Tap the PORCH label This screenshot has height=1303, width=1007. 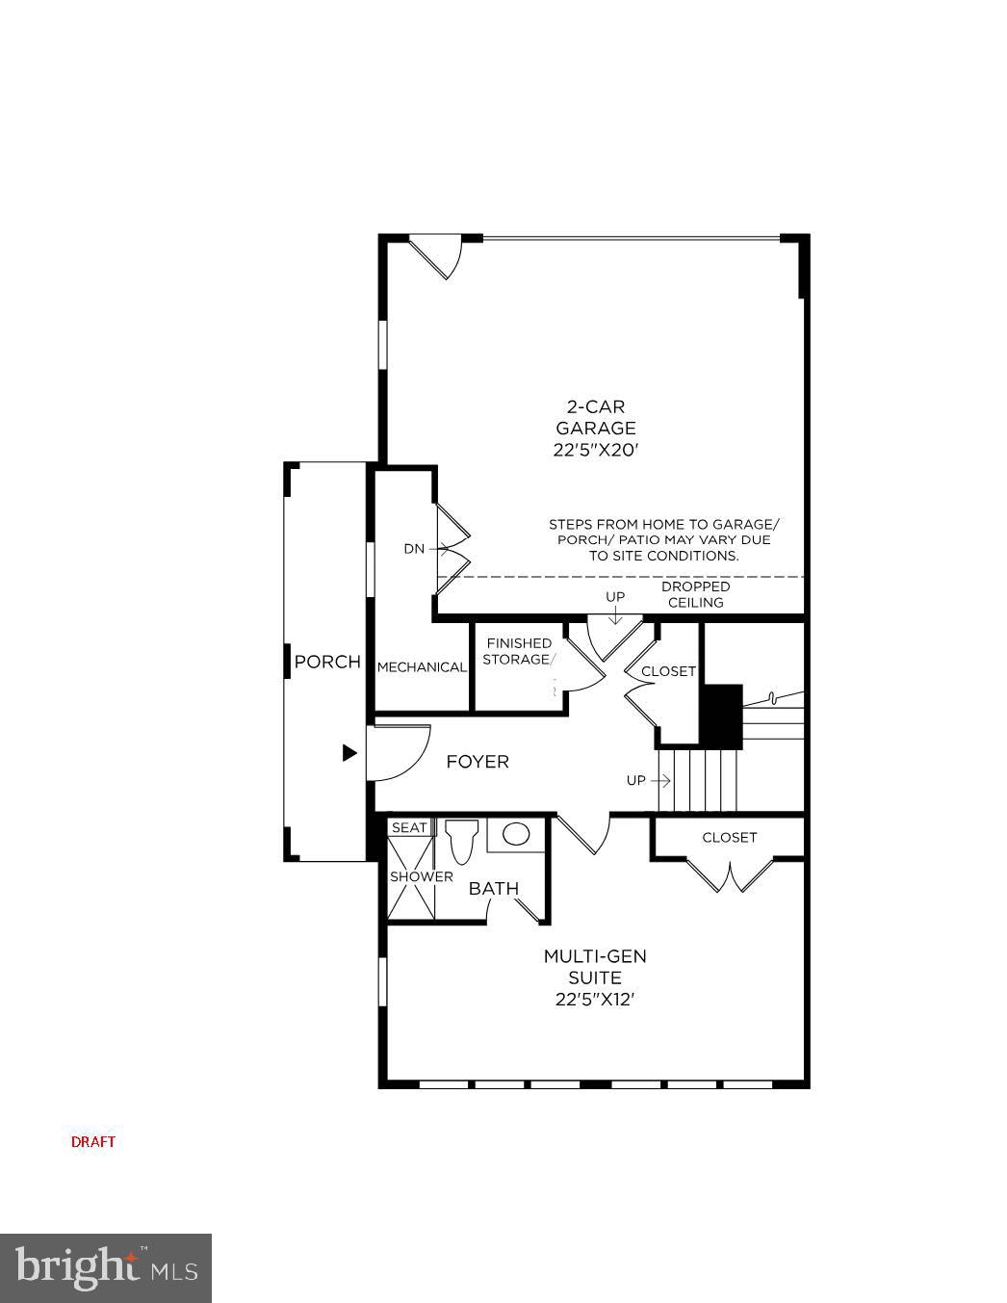coord(327,662)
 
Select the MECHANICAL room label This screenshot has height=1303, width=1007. coord(422,666)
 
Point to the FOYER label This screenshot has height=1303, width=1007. coord(478,762)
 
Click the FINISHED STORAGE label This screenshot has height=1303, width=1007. coord(518,651)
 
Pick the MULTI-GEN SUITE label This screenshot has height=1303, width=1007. coord(595,967)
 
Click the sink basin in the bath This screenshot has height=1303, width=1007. coord(516,834)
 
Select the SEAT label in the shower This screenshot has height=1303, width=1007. coord(409,827)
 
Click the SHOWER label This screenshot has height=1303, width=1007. coord(421,876)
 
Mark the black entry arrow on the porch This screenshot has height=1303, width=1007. coord(349,753)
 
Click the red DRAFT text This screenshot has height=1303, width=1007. coord(93,1141)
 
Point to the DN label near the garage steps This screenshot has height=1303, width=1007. coord(414,549)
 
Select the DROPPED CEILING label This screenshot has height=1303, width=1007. coord(695,594)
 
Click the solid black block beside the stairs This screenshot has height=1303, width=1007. coord(721,716)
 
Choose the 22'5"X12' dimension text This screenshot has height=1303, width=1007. coord(595,1000)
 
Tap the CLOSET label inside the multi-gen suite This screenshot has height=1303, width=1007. coord(729,837)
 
